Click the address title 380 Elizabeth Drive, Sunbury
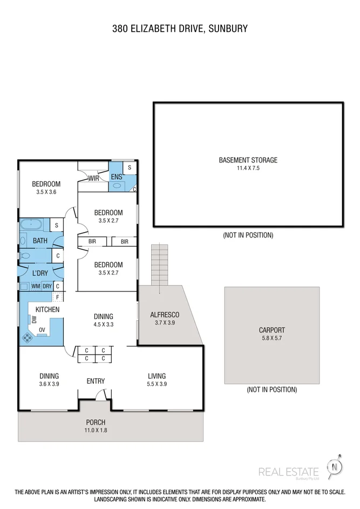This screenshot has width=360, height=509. [180, 28]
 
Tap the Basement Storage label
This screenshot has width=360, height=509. [248, 160]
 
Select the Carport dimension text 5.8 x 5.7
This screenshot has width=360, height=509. [271, 338]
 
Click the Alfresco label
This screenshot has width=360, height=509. [164, 315]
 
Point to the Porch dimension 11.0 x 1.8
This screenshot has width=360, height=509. [96, 430]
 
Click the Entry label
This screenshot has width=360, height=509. [96, 381]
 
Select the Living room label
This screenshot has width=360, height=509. [157, 376]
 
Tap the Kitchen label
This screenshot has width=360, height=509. [47, 309]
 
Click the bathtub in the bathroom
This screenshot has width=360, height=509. [35, 225]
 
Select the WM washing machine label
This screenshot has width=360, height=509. [35, 286]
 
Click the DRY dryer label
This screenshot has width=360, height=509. [47, 286]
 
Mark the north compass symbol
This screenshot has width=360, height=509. [336, 467]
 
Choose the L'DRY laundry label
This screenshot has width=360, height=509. [40, 273]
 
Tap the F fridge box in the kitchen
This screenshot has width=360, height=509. [57, 297]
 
